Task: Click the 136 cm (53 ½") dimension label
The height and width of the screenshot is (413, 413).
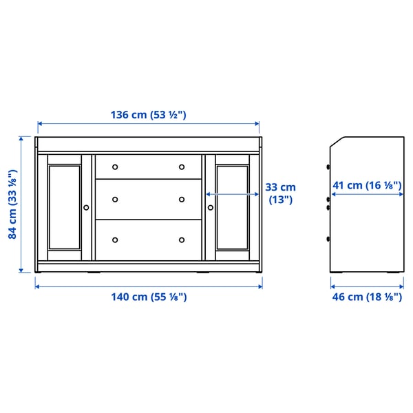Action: click(x=149, y=115)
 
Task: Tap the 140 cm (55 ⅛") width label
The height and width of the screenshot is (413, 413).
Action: click(x=148, y=297)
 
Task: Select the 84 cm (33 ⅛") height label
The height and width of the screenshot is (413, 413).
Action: click(x=13, y=205)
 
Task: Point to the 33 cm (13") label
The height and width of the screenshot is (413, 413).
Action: click(x=280, y=193)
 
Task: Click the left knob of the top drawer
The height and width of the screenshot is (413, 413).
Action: click(x=115, y=167)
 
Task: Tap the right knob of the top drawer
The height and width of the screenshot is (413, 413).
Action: click(x=182, y=167)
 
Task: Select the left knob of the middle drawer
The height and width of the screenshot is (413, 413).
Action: click(x=115, y=200)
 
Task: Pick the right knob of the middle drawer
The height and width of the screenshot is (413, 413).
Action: click(x=182, y=200)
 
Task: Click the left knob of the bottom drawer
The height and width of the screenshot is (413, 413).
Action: click(x=115, y=240)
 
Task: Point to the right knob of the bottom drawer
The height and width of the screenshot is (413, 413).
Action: click(x=182, y=240)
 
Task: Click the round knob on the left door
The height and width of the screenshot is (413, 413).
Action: click(x=86, y=206)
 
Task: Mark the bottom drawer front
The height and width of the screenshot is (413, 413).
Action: click(x=148, y=240)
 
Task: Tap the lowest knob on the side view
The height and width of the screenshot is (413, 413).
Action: click(x=328, y=239)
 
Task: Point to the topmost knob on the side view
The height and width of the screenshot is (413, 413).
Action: click(x=328, y=167)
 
